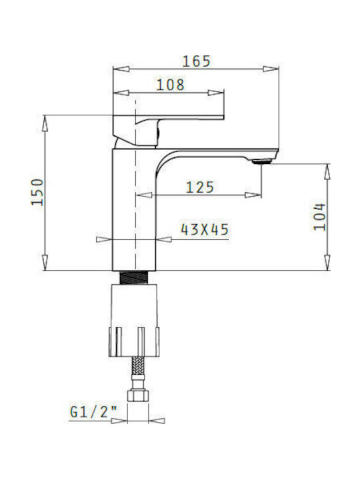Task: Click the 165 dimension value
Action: [x=197, y=61]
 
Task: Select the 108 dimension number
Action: [x=171, y=85]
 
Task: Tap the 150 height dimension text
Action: [x=37, y=192]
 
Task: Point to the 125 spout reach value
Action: [x=200, y=187]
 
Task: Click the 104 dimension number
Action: [x=319, y=217]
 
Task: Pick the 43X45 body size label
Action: [x=205, y=229]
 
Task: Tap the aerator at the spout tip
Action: [x=262, y=161]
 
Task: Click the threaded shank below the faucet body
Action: [x=135, y=277]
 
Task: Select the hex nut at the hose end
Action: [x=137, y=395]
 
